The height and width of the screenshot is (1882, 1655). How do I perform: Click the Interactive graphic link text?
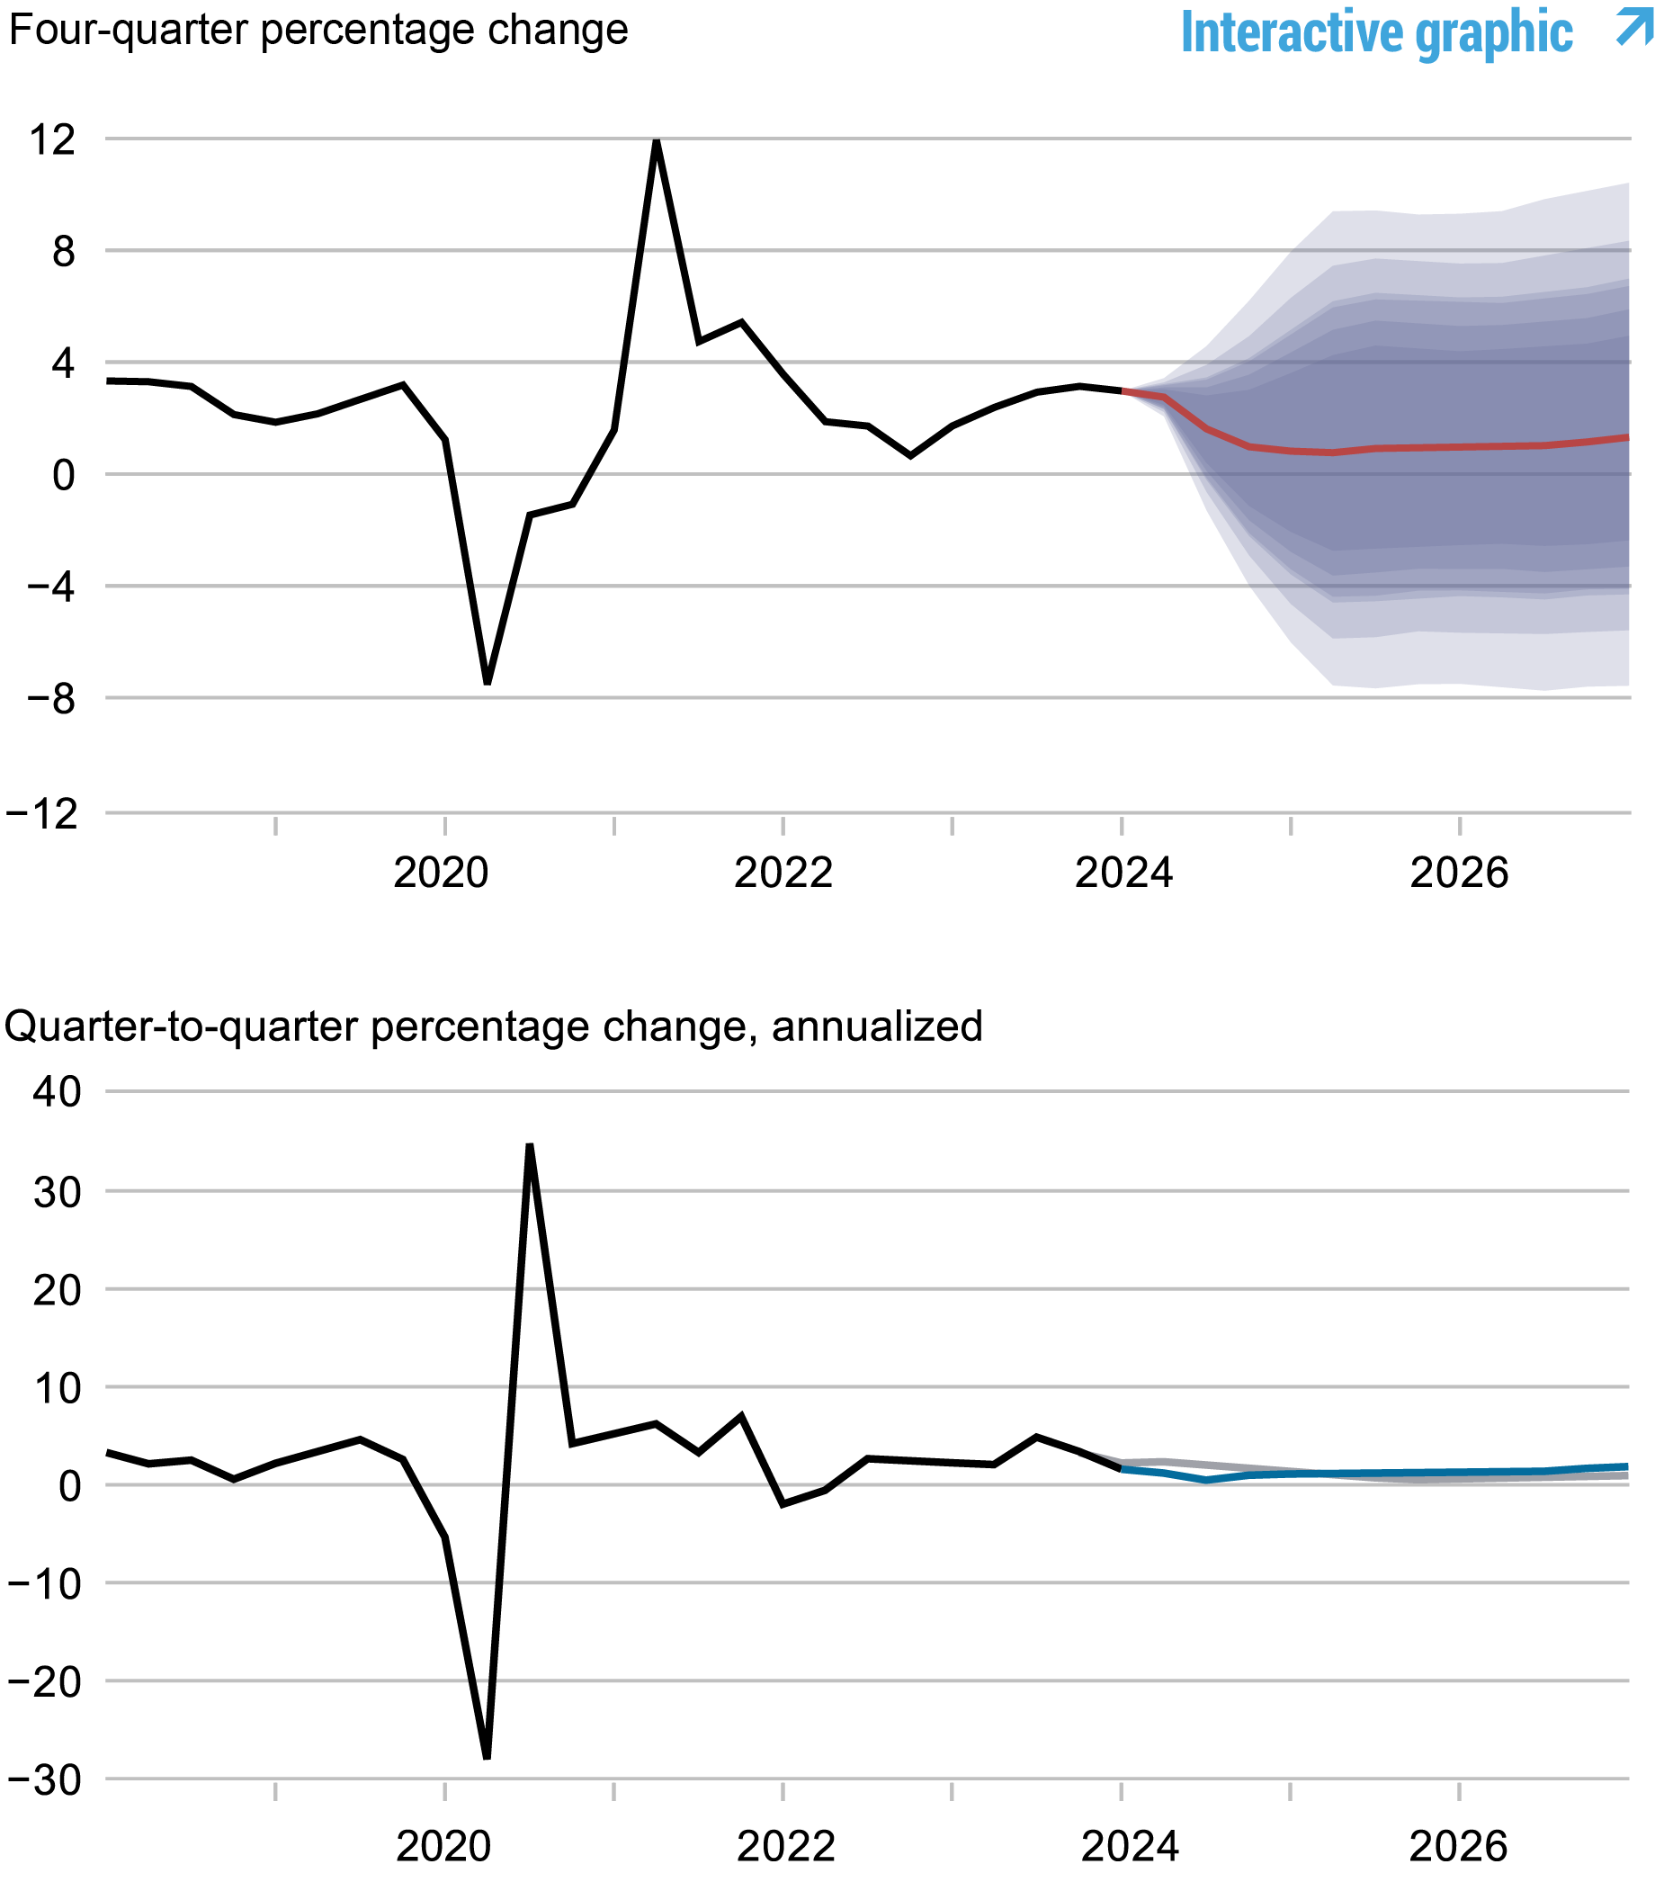1375,33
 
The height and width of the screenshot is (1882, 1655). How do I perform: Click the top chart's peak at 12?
657,142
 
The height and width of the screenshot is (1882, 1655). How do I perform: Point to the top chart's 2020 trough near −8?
487,682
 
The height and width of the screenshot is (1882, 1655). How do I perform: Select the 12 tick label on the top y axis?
51,140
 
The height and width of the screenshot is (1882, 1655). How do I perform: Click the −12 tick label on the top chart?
42,814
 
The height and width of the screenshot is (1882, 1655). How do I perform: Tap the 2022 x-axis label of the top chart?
783,872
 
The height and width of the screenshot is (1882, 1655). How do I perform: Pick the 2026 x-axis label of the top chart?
1459,872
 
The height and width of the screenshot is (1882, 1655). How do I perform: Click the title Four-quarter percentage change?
318,31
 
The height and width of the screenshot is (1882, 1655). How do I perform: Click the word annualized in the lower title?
876,1026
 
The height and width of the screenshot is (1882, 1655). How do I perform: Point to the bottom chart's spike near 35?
529,1145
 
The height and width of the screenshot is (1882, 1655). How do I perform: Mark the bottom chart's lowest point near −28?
487,1757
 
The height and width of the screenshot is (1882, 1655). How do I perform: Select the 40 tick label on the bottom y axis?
57,1093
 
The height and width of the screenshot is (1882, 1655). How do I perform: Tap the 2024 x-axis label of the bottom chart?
1129,1846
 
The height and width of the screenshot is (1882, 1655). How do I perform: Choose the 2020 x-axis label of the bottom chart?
443,1846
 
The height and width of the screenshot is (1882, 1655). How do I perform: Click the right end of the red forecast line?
1626,437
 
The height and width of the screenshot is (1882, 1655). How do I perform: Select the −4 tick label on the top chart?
51,587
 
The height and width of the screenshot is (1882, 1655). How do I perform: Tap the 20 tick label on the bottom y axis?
57,1290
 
